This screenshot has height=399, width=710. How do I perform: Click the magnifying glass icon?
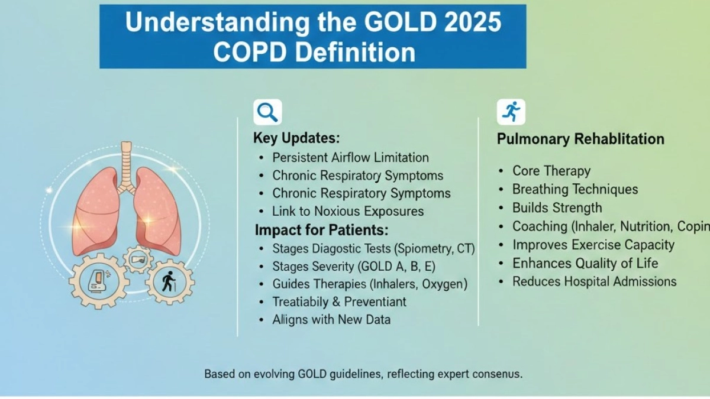pos(267,112)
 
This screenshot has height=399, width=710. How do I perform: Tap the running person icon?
pos(511,112)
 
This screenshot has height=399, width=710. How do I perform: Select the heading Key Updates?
pos(296,138)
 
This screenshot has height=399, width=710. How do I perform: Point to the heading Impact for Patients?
pos(321,229)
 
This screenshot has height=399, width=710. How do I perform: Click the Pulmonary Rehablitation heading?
pos(580,140)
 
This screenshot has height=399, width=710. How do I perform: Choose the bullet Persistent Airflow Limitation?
pos(350,158)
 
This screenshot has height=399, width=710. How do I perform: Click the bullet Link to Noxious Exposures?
pos(348,211)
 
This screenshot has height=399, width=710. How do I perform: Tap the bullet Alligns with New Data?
pos(331,319)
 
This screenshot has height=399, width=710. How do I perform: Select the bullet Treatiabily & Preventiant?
pos(339,301)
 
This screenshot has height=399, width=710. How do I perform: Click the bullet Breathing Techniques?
pos(575,189)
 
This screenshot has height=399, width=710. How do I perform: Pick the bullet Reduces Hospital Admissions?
pos(594,281)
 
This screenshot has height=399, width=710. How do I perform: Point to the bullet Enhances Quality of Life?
pos(585,263)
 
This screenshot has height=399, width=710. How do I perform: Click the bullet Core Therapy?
pos(551,171)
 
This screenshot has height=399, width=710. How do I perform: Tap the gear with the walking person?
pos(170,282)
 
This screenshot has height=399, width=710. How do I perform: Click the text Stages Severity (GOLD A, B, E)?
pos(354,266)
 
